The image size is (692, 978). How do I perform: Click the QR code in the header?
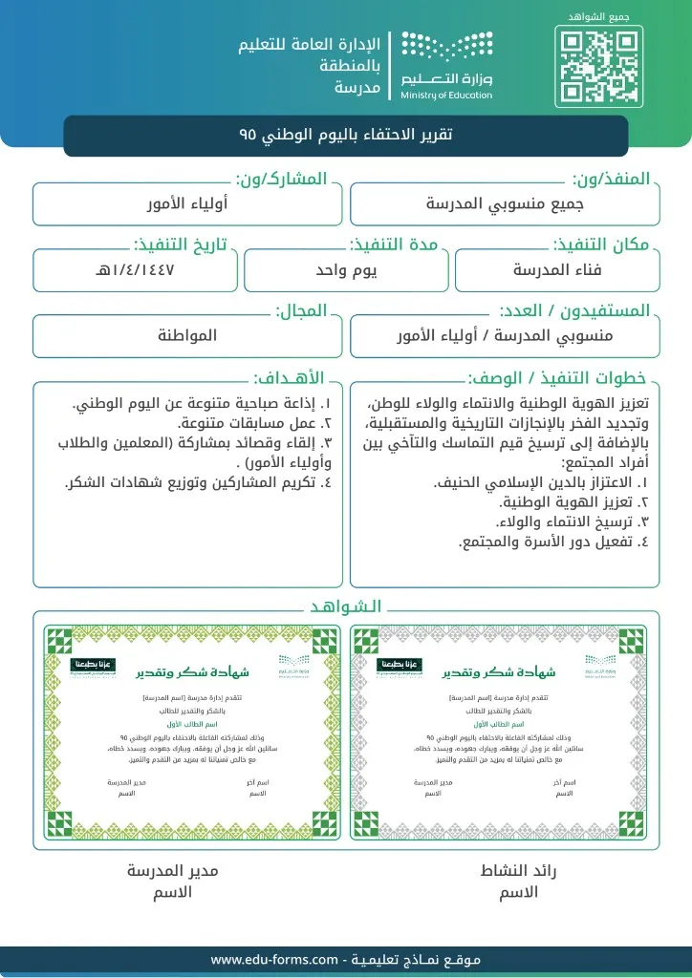[x=598, y=68]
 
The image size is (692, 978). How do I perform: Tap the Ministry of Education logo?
[x=446, y=65]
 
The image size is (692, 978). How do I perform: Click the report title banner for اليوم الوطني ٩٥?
[x=346, y=136]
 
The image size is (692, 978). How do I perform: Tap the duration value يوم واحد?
[x=347, y=269]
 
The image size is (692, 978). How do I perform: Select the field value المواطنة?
[x=187, y=335]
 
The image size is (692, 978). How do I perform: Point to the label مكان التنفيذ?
[x=601, y=244]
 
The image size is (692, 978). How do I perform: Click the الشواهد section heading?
[x=346, y=606]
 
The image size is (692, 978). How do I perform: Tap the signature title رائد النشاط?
[x=518, y=871]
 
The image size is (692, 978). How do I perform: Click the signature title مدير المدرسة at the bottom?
[x=173, y=871]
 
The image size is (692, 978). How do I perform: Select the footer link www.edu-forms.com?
[x=274, y=959]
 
